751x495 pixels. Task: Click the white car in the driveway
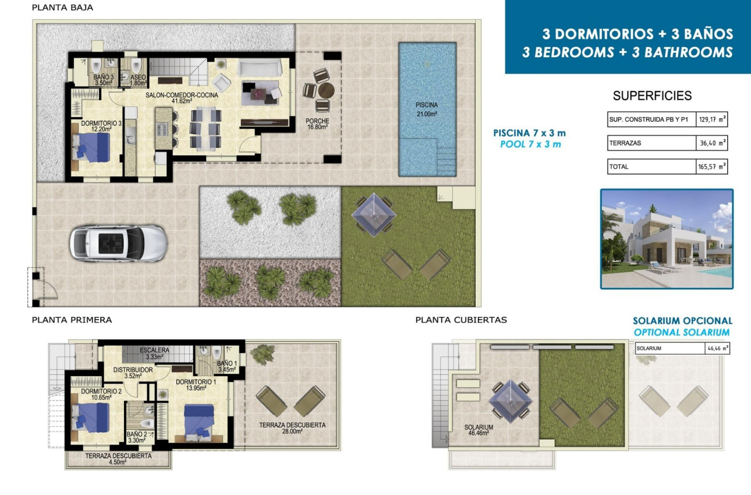(x=118, y=242)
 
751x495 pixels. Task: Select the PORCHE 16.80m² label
(x=317, y=125)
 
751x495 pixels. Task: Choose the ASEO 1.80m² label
(x=138, y=80)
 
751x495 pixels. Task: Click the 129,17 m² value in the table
(x=711, y=119)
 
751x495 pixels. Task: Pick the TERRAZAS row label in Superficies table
(x=625, y=143)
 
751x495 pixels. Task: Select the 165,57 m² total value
(x=711, y=167)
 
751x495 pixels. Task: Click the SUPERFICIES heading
(x=652, y=96)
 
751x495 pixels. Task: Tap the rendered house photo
(x=667, y=239)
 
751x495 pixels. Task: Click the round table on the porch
(x=326, y=91)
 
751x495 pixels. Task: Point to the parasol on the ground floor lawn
(x=374, y=214)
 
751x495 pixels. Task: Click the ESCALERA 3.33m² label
(x=154, y=353)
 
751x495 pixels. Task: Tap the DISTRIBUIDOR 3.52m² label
(x=133, y=373)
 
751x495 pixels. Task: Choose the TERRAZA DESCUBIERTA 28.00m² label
(x=292, y=428)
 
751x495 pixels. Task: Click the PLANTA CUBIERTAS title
(x=461, y=320)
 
